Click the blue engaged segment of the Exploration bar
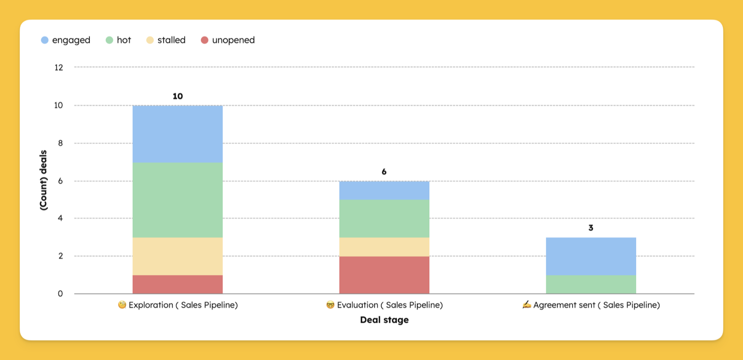177,134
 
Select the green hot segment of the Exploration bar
177,200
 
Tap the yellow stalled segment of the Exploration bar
177,256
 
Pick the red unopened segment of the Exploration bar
177,284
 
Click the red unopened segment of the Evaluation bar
384,275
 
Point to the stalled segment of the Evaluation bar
384,247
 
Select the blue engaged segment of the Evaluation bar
384,191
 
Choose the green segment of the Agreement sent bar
591,284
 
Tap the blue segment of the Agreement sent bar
591,256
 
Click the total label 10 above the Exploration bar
177,96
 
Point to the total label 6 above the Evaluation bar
384,172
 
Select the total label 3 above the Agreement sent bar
590,228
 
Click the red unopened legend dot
205,40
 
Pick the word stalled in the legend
171,40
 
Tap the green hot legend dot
109,40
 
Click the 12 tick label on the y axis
59,68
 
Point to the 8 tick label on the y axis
60,143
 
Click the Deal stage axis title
384,320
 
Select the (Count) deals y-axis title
43,180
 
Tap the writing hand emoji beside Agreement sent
526,305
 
